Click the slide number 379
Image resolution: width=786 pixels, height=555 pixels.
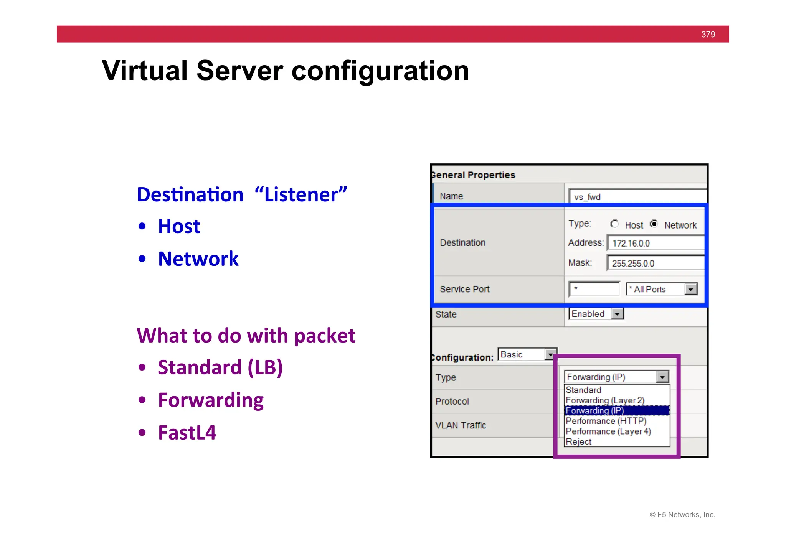tap(708, 35)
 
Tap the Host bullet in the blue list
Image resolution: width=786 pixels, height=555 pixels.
tap(179, 226)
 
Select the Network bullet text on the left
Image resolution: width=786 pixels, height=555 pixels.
tap(198, 259)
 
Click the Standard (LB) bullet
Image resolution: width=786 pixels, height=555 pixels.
tap(220, 367)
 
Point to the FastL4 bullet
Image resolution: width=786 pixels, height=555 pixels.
tap(187, 433)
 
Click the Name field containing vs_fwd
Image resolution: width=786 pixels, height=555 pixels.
tap(637, 197)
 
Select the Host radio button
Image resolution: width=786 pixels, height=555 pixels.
tap(614, 224)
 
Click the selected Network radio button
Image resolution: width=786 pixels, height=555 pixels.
tap(654, 224)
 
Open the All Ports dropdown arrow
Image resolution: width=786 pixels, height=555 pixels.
tap(690, 289)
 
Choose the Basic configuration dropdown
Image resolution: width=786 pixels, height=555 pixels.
tap(527, 354)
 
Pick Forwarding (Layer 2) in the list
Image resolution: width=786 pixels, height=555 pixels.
tap(605, 400)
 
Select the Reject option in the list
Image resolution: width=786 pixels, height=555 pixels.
tap(578, 442)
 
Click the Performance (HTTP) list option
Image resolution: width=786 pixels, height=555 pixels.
tap(606, 421)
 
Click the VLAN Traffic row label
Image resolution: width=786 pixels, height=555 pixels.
tap(460, 425)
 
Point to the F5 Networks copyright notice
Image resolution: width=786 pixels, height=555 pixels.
tap(682, 515)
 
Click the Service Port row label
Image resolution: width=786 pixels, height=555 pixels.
tap(464, 289)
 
